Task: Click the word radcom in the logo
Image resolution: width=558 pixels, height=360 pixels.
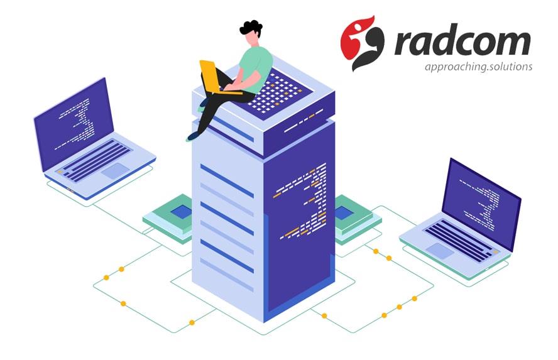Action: [462, 43]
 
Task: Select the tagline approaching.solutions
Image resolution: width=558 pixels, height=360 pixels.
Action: [478, 67]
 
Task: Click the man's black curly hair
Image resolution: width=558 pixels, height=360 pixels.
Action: [251, 28]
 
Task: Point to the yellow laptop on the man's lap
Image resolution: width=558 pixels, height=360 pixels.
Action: [213, 76]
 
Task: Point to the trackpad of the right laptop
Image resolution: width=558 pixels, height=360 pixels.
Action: [439, 251]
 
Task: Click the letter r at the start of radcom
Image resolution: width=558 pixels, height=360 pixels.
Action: [406, 44]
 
